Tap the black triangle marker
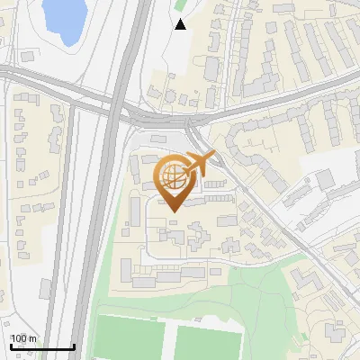pyautogui.click(x=181, y=24)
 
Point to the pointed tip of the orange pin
pyautogui.click(x=172, y=210)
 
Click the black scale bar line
pyautogui.click(x=42, y=346)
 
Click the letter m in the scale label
pyautogui.click(x=32, y=338)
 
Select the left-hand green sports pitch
pyautogui.click(x=130, y=337)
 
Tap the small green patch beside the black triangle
pyautogui.click(x=177, y=7)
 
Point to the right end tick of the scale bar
pyautogui.click(x=74, y=346)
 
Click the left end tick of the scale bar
pyautogui.click(x=11, y=346)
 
